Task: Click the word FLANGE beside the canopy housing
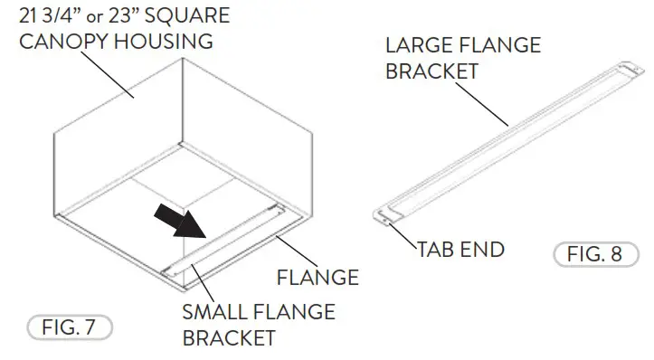click(x=318, y=277)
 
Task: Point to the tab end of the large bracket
click(x=385, y=215)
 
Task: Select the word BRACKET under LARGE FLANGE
click(x=431, y=71)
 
